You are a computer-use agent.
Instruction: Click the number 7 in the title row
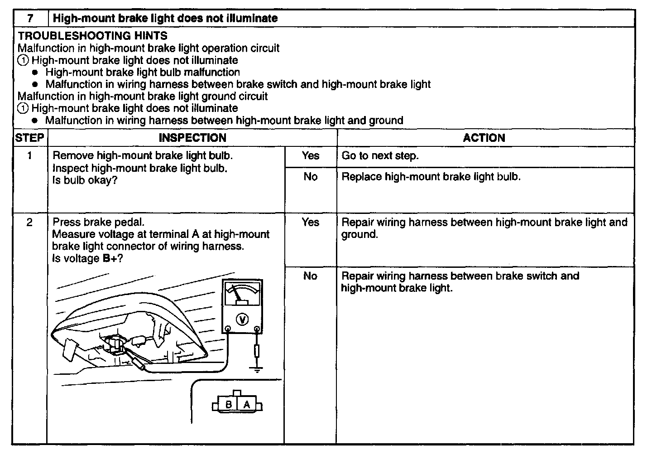[x=30, y=19]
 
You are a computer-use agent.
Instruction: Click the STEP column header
[x=29, y=138]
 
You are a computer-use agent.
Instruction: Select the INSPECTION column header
[x=192, y=138]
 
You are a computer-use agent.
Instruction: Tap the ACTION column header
[x=484, y=138]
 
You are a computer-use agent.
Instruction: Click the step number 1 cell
[x=30, y=156]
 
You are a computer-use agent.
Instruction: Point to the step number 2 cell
[x=30, y=223]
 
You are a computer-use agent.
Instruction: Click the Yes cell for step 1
[x=311, y=156]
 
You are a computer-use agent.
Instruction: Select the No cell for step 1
[x=311, y=177]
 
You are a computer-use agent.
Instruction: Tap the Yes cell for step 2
[x=311, y=223]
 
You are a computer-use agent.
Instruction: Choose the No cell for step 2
[x=311, y=276]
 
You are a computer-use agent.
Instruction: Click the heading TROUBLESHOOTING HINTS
[x=93, y=36]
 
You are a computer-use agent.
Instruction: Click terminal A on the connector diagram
[x=247, y=404]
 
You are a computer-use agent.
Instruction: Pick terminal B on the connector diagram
[x=229, y=404]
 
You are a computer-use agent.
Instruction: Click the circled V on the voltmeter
[x=243, y=320]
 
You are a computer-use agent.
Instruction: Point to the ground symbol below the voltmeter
[x=257, y=370]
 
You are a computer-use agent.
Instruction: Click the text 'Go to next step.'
[x=380, y=156]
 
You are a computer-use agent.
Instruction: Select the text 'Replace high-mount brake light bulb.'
[x=431, y=177]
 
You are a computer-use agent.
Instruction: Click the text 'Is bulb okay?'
[x=85, y=180]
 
